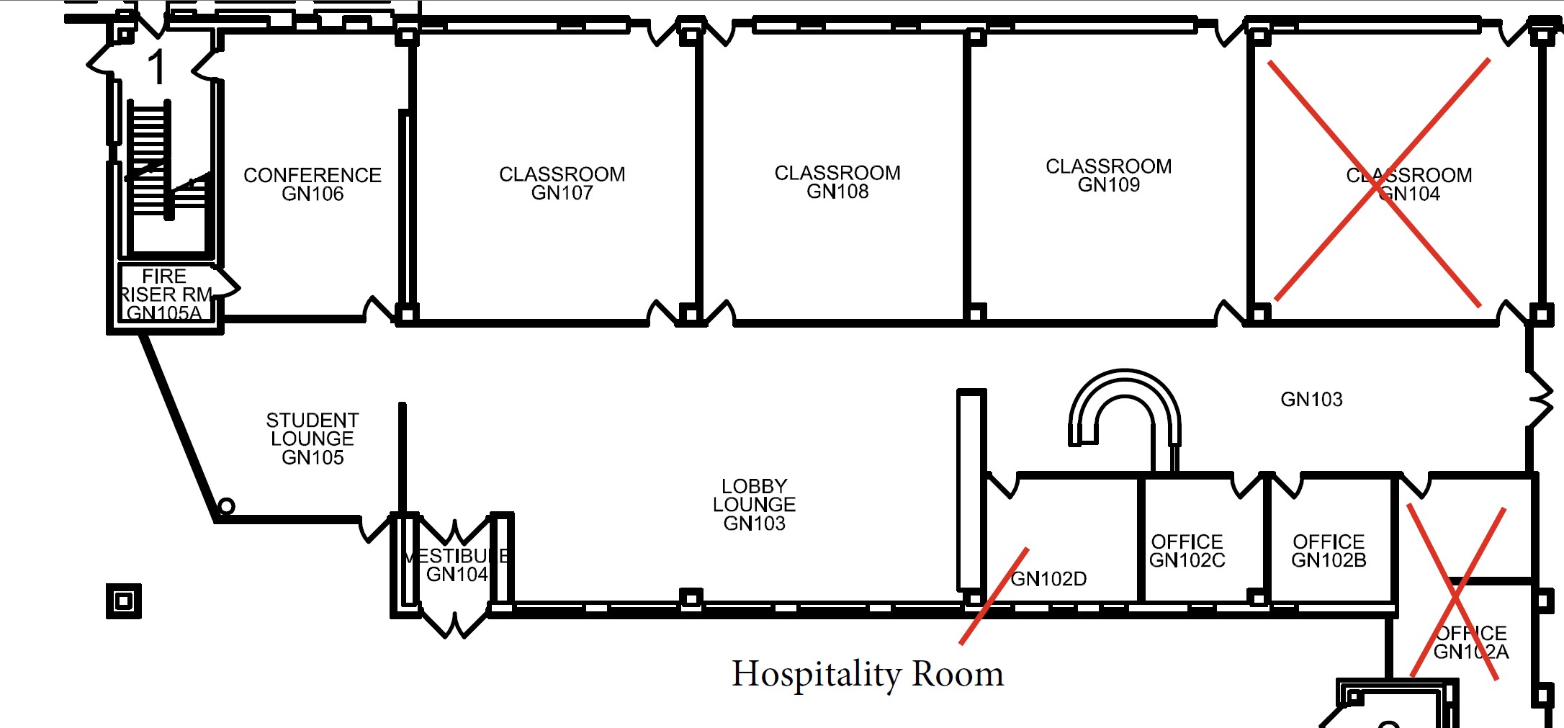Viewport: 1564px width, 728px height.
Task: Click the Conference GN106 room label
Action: pyautogui.click(x=313, y=184)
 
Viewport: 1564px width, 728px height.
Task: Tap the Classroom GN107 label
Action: pyautogui.click(x=562, y=184)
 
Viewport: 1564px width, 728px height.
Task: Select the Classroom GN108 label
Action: pyautogui.click(x=837, y=182)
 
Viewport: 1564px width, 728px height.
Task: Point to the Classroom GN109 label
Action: pyautogui.click(x=1108, y=176)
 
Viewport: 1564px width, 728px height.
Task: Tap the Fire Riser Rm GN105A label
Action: pyautogui.click(x=165, y=295)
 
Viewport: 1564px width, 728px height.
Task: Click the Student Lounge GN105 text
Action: pyautogui.click(x=313, y=439)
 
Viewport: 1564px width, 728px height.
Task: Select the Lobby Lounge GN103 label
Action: pyautogui.click(x=754, y=505)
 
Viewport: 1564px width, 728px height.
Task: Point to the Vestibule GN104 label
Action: pyautogui.click(x=456, y=565)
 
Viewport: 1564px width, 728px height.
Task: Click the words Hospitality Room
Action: pyautogui.click(x=867, y=674)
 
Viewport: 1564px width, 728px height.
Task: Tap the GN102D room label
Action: pyautogui.click(x=1048, y=579)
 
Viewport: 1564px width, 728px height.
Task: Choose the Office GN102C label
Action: pyautogui.click(x=1187, y=551)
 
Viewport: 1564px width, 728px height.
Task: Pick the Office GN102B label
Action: pyautogui.click(x=1329, y=551)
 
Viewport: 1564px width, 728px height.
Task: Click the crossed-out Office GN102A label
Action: pyautogui.click(x=1470, y=642)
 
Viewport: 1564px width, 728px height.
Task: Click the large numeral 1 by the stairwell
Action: pyautogui.click(x=156, y=68)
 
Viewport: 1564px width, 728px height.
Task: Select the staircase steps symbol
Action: pyautogui.click(x=150, y=158)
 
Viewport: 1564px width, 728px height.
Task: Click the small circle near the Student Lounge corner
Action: pyautogui.click(x=226, y=506)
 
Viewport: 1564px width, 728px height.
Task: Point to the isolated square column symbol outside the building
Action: pyautogui.click(x=124, y=601)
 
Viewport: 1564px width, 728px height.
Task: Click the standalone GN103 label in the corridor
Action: pyautogui.click(x=1311, y=400)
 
